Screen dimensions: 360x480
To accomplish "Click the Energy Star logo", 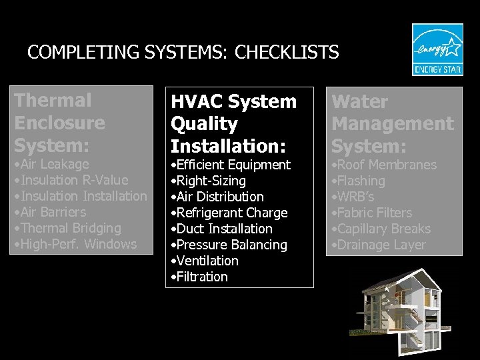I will pos(437,50).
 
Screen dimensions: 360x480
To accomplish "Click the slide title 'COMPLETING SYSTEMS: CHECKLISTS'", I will pos(183,52).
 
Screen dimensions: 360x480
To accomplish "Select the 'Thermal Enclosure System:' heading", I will pos(59,123).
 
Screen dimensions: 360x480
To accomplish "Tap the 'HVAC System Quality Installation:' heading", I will pos(233,123).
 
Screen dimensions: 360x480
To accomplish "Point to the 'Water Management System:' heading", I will pos(392,123).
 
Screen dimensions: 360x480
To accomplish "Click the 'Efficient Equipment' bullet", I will pos(231,165).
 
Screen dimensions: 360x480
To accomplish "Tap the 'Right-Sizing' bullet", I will pos(209,181).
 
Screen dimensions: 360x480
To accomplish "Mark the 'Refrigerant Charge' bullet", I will pos(229,213).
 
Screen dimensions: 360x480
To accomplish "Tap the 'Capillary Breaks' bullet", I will pos(381,229).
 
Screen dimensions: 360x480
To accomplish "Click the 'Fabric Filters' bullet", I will pos(372,213).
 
